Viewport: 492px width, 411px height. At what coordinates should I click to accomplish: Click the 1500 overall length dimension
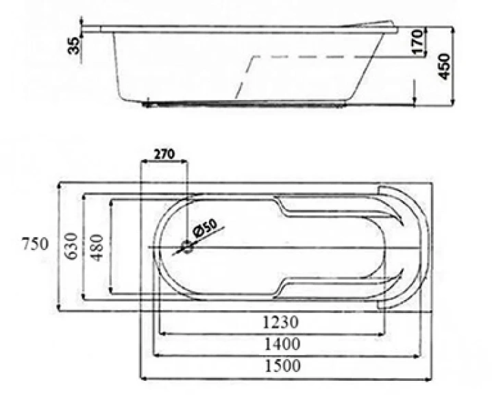coord(283,366)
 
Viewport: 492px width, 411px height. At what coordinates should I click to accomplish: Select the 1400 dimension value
coord(283,344)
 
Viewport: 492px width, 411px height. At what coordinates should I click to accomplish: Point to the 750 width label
coord(35,244)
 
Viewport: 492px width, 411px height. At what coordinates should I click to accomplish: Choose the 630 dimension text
coord(70,245)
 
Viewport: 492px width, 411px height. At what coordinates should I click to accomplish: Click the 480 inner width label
coord(97,245)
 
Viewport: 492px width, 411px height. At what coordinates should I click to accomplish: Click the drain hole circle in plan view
coord(186,247)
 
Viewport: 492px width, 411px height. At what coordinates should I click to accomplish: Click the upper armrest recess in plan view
coord(322,209)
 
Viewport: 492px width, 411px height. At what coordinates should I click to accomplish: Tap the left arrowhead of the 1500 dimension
coord(143,377)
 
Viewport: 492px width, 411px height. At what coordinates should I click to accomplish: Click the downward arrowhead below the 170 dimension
coord(415,101)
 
